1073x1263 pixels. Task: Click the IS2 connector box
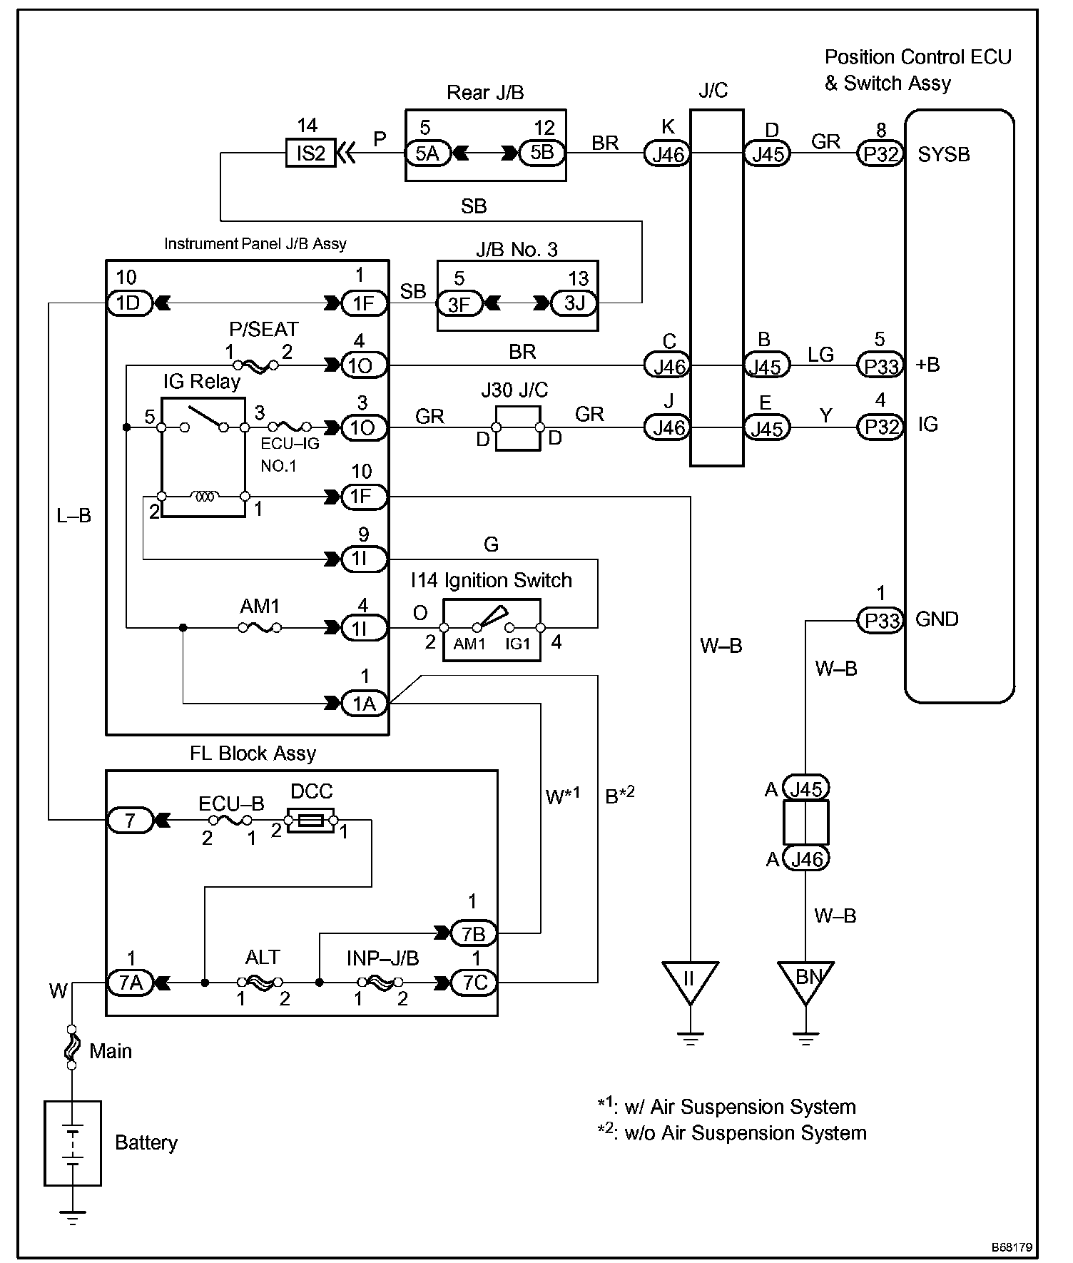coord(311,153)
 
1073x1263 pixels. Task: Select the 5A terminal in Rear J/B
coord(427,153)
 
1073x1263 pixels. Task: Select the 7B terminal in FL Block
coord(474,933)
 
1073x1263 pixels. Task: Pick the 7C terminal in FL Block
coord(474,983)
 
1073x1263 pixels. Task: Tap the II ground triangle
coord(689,980)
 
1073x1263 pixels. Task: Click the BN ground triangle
coord(806,980)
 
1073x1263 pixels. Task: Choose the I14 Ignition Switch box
coord(492,629)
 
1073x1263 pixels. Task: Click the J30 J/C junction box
coord(518,428)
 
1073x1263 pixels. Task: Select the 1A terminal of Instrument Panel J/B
coord(364,704)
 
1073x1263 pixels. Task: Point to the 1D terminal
coord(128,303)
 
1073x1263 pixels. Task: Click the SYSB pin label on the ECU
coord(943,154)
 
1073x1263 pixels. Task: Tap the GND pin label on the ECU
coord(937,619)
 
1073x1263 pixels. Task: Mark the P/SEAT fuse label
coord(263,330)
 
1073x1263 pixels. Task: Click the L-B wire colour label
coord(74,515)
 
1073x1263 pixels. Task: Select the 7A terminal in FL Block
coord(130,983)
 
